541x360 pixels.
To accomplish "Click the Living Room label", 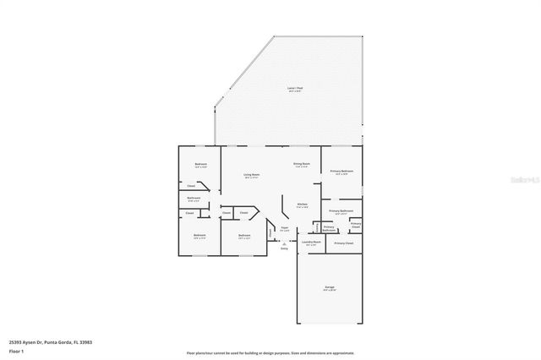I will point(252,176).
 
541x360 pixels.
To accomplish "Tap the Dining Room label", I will point(302,165).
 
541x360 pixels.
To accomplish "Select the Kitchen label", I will point(302,205).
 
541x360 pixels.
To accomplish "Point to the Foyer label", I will point(285,229).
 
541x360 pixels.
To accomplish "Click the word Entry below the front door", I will point(284,248).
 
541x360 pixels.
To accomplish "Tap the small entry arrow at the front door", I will point(284,243).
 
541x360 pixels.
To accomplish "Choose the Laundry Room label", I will point(311,243).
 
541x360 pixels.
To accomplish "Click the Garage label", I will point(329,288).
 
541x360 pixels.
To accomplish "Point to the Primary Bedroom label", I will point(342,172).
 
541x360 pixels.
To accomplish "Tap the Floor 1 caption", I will point(17,351).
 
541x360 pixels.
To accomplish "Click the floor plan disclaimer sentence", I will point(270,352).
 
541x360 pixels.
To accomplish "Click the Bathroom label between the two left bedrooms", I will point(194,199).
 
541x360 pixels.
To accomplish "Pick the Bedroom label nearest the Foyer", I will point(244,236).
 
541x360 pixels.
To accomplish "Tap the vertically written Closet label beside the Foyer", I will point(270,232).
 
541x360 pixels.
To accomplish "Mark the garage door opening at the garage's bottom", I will point(329,324).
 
